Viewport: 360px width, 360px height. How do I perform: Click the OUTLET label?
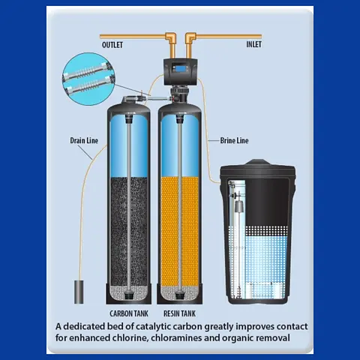click(112, 45)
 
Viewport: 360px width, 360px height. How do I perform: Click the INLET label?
click(253, 44)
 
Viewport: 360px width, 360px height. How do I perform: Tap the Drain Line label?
click(84, 140)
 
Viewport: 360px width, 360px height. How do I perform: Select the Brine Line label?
click(234, 140)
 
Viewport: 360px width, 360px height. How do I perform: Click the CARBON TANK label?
click(129, 313)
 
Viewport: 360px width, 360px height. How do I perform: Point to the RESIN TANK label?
click(179, 313)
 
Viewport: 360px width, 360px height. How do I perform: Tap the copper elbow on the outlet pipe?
click(171, 38)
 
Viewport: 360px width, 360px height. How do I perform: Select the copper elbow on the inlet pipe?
click(190, 38)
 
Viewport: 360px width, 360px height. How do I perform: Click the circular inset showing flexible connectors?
click(88, 79)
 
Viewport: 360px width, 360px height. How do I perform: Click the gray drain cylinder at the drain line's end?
click(79, 292)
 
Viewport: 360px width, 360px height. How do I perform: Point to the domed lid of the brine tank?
click(257, 166)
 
